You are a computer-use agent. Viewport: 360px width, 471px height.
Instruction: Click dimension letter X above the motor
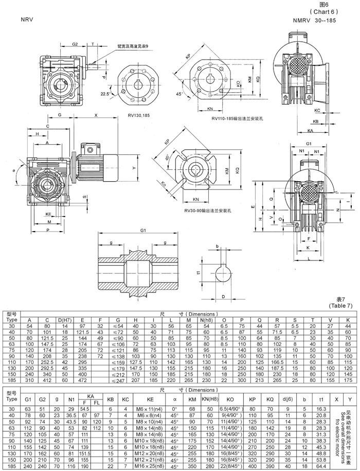96,116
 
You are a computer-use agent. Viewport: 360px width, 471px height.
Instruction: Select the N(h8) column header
207,320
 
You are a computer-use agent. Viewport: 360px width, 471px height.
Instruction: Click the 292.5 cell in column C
47,368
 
